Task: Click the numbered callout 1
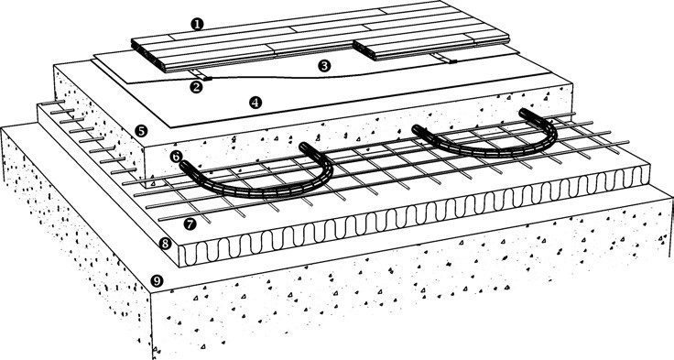(197, 24)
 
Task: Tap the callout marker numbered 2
(196, 87)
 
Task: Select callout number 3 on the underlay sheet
(324, 66)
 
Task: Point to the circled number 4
(255, 103)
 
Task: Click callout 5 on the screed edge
(141, 131)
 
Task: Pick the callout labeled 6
(176, 157)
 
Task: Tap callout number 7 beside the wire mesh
(190, 224)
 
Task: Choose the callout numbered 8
(165, 244)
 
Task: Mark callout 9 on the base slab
(158, 281)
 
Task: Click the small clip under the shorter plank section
(445, 59)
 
